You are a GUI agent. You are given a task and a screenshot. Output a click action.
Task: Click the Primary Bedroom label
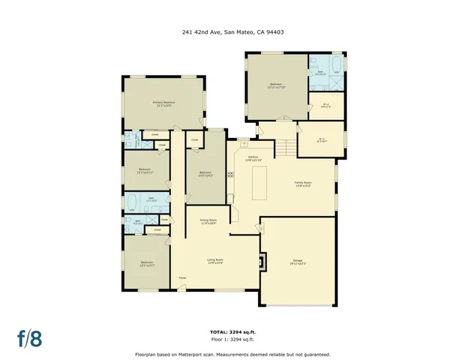click(x=164, y=103)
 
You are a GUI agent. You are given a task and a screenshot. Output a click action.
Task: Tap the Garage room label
click(x=299, y=262)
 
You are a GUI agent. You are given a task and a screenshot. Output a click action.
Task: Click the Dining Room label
click(x=208, y=221)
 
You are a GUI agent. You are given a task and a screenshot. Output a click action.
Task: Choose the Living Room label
click(x=215, y=261)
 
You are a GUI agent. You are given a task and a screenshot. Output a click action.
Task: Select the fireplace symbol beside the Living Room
click(x=261, y=262)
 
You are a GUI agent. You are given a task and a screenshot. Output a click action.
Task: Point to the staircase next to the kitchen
click(x=285, y=149)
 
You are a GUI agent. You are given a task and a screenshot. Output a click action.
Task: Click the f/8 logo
click(x=30, y=338)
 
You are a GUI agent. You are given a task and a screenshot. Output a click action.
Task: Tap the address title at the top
click(x=233, y=32)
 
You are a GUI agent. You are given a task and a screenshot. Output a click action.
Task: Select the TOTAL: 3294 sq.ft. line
click(x=233, y=331)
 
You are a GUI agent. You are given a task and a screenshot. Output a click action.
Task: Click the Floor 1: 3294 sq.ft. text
click(x=233, y=339)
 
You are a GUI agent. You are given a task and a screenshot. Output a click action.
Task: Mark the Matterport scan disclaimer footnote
click(x=233, y=354)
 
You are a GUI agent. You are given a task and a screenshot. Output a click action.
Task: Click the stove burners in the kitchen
click(x=230, y=174)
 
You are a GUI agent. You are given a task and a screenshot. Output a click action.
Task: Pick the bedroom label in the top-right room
click(x=275, y=85)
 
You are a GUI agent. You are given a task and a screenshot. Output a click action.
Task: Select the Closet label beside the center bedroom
click(x=194, y=140)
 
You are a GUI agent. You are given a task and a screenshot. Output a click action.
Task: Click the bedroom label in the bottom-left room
click(x=146, y=263)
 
